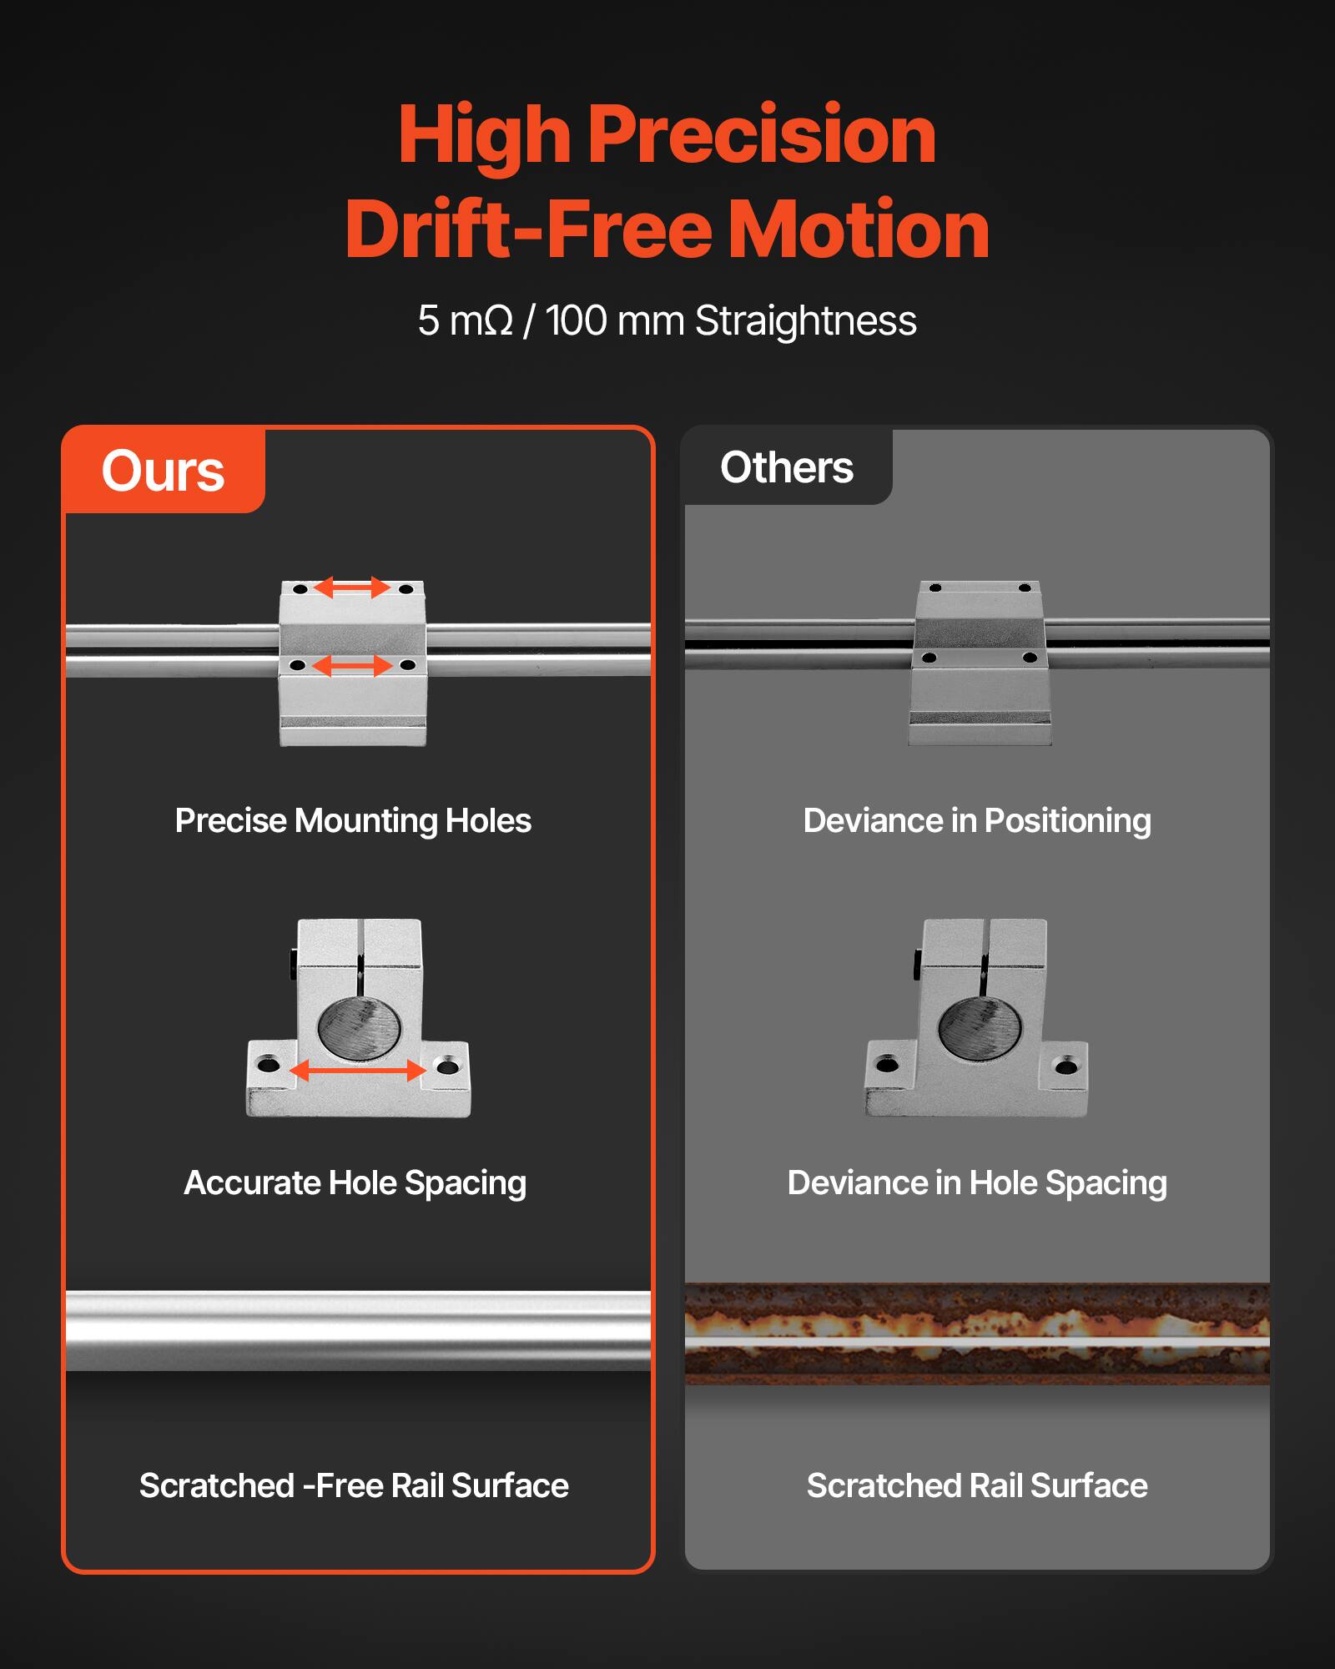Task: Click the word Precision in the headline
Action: tap(761, 135)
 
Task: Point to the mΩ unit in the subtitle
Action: tap(481, 321)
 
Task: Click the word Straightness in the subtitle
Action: tap(805, 321)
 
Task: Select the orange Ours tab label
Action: tap(164, 471)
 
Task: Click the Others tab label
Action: tap(786, 467)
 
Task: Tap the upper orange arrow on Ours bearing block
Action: tap(352, 587)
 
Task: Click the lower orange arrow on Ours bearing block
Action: tap(352, 666)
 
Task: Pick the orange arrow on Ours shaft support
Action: tap(358, 1071)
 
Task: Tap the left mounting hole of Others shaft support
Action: tap(888, 1065)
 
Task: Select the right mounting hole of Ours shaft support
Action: tap(447, 1066)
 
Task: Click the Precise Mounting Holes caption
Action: tap(353, 821)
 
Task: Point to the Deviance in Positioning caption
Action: tap(977, 821)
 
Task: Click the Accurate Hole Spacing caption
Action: tap(355, 1183)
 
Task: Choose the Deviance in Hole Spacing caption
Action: tap(977, 1183)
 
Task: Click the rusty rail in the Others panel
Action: tap(977, 1334)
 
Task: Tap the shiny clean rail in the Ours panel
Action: tap(358, 1330)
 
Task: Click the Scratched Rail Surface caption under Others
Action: tap(977, 1486)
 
